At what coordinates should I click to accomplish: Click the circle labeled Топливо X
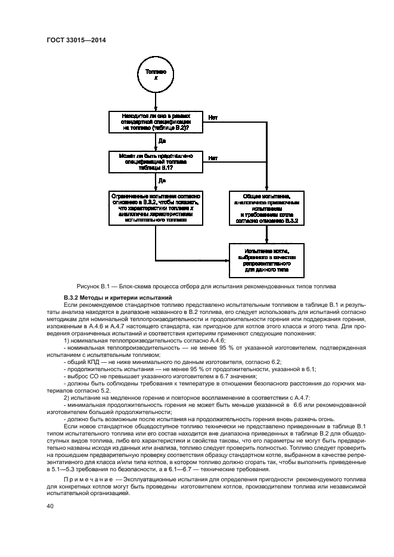pyautogui.click(x=156, y=74)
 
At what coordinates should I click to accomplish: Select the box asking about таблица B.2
pyautogui.click(x=156, y=122)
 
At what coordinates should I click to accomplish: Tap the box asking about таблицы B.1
pyautogui.click(x=156, y=161)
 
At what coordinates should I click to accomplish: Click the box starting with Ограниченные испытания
pyautogui.click(x=156, y=207)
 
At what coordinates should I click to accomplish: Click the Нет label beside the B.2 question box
pyautogui.click(x=213, y=117)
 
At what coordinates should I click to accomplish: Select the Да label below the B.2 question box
pyautogui.click(x=162, y=141)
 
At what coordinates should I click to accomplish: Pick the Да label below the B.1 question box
pyautogui.click(x=162, y=181)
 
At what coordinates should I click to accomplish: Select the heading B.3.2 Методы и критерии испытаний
pyautogui.click(x=117, y=297)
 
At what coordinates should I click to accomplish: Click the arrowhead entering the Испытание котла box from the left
pyautogui.click(x=227, y=260)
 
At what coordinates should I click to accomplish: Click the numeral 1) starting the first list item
pyautogui.click(x=67, y=339)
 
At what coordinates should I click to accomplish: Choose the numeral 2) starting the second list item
pyautogui.click(x=67, y=397)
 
